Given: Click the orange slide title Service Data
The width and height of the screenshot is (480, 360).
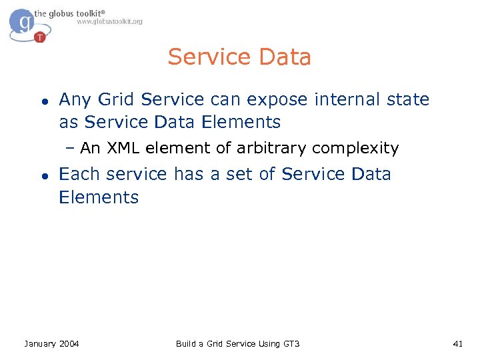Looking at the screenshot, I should (x=239, y=57).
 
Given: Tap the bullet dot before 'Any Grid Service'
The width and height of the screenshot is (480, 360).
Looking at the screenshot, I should (x=43, y=101).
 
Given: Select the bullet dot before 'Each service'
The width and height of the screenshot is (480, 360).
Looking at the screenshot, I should (x=43, y=176).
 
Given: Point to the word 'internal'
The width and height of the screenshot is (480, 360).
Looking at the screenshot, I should (x=342, y=99).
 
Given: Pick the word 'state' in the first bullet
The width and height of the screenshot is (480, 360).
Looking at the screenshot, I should (x=406, y=99).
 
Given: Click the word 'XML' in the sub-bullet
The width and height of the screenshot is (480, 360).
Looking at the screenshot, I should (x=121, y=148).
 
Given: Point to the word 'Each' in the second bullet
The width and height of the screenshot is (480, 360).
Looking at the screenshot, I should (x=79, y=174).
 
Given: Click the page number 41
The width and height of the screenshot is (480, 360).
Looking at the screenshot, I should (x=457, y=343).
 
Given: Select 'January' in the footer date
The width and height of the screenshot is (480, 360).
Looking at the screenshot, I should (x=40, y=343).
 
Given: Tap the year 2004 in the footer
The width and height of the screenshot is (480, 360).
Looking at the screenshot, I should (x=69, y=343).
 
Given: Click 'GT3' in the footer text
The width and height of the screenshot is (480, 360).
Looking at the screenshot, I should (x=291, y=343).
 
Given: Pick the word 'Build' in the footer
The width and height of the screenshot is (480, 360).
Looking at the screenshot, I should (x=186, y=343).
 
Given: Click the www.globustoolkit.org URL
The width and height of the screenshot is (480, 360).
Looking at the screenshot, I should (x=109, y=21).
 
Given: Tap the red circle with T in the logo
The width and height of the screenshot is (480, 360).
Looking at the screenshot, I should (x=40, y=37).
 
